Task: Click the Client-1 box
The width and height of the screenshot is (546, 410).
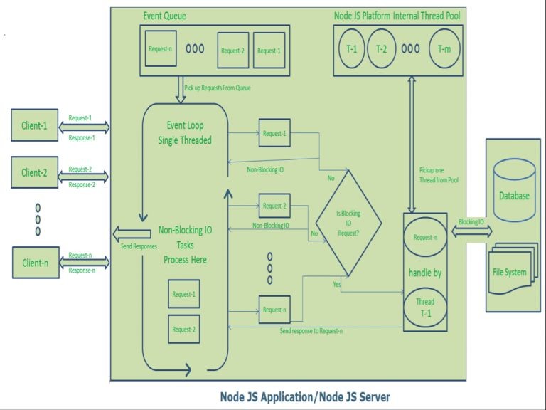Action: [34, 125]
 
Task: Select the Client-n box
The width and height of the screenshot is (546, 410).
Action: [36, 263]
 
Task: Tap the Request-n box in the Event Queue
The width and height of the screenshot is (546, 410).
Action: [161, 48]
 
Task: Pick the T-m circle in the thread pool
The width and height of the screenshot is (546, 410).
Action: [444, 49]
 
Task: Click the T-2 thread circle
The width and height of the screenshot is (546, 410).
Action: [382, 49]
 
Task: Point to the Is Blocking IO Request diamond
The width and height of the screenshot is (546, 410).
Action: [348, 223]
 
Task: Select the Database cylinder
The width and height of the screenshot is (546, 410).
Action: [514, 190]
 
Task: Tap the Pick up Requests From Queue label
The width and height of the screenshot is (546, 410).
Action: [218, 88]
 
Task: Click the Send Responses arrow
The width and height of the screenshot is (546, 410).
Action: [132, 234]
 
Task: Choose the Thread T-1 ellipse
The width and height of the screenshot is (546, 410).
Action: [425, 307]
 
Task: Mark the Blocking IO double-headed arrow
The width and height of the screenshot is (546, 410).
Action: [472, 231]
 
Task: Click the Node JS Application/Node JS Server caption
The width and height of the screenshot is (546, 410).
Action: [305, 396]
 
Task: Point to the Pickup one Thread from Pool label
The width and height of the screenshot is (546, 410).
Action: [439, 175]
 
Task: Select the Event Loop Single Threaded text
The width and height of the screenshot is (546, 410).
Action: [185, 133]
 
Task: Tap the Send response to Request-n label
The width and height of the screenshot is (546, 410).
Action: [311, 331]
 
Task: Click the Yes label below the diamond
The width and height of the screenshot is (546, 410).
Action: [337, 284]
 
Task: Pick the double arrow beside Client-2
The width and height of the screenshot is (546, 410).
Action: [83, 177]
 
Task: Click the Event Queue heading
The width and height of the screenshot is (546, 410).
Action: [165, 16]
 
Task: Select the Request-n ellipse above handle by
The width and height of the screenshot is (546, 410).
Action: [425, 237]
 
